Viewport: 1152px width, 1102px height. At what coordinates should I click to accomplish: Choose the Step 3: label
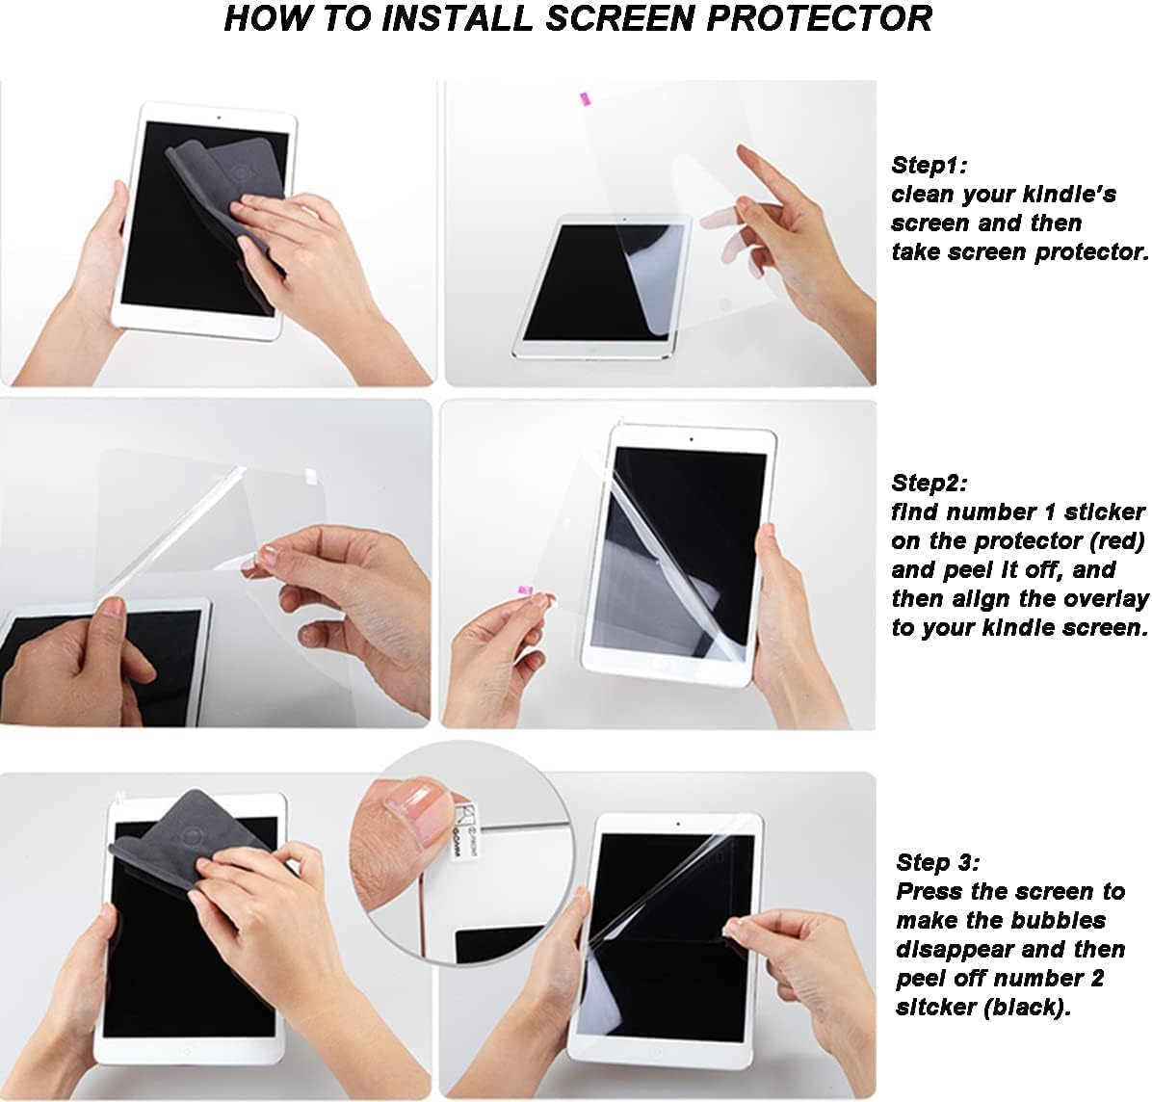937,862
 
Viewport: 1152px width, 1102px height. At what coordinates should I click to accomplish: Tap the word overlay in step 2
1108,598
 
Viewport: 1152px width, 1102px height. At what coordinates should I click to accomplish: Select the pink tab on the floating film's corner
584,97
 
